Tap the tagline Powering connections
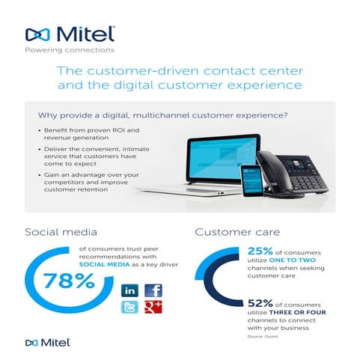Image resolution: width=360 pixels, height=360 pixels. point(70,51)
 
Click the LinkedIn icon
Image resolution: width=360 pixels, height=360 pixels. point(129,290)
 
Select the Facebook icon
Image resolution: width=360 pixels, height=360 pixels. point(153,290)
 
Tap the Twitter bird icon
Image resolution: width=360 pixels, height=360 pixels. point(129,308)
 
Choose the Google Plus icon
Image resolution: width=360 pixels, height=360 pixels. point(153,308)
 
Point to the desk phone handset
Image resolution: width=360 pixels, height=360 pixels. point(270,174)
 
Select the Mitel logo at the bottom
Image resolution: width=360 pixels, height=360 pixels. point(49,342)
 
